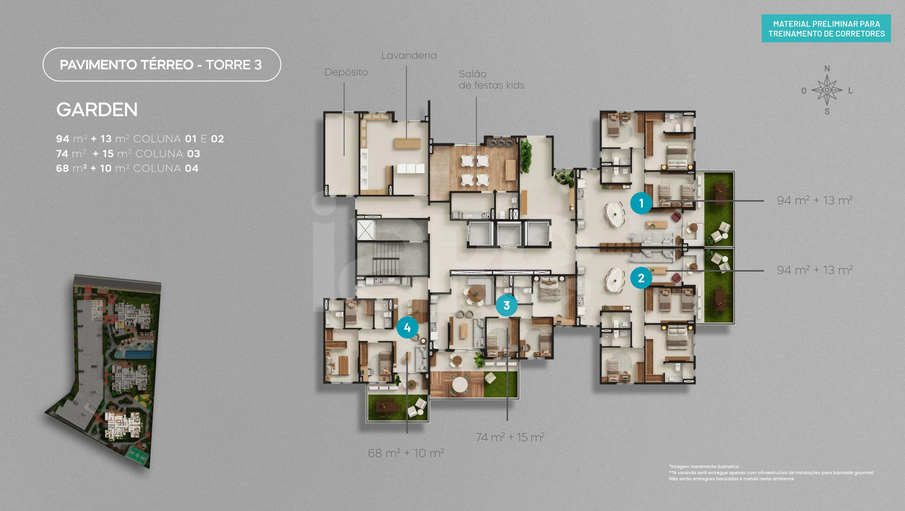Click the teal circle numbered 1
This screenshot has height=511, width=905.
point(641,203)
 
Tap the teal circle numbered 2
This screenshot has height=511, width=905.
point(641,278)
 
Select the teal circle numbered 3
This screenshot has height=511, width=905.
point(506,305)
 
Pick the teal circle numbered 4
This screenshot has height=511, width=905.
point(407,328)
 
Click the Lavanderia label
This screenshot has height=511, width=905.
point(409,56)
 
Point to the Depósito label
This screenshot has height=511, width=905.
point(346,72)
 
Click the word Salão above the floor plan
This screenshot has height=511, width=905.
point(473,74)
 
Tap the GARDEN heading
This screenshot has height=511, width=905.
point(97,110)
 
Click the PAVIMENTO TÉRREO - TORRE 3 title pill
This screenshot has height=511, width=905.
point(162,65)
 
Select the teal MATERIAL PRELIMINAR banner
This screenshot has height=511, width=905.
point(826,28)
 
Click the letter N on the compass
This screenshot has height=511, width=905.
point(827,68)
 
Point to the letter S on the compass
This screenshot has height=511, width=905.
point(827,111)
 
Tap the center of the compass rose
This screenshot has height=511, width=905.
point(827,90)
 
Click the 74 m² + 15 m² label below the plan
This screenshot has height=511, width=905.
point(510,438)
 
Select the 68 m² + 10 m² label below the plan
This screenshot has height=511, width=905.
point(406,453)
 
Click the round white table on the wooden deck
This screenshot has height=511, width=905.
point(460,384)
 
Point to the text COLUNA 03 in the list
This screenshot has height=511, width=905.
point(168,154)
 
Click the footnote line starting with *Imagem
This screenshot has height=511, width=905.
point(704,467)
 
